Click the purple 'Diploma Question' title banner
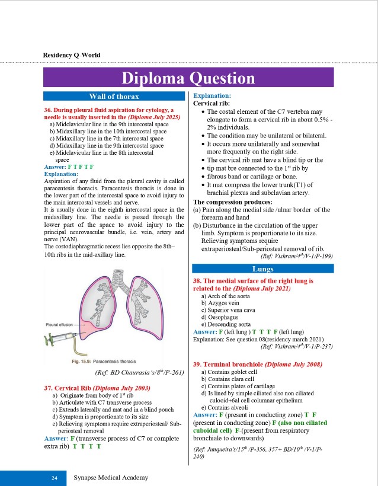pos(188,78)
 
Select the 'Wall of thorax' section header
pos(114,96)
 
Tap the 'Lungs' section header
pos(262,269)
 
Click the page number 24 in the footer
pos(54,477)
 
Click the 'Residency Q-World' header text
pos(72,55)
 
